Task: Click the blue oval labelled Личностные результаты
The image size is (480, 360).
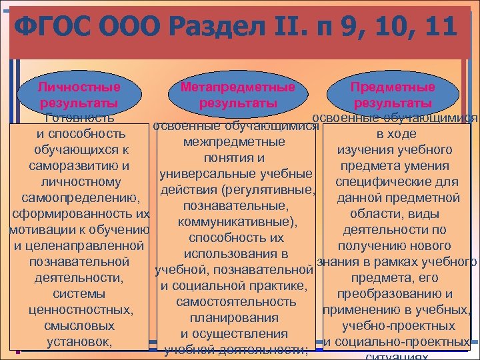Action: coord(79,95)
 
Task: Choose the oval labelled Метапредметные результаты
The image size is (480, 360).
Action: coord(238,95)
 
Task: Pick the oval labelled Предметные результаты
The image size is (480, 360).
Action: coord(393,95)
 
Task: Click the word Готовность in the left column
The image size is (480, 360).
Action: coord(79,119)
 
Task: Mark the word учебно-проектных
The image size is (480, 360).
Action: coord(398,326)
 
